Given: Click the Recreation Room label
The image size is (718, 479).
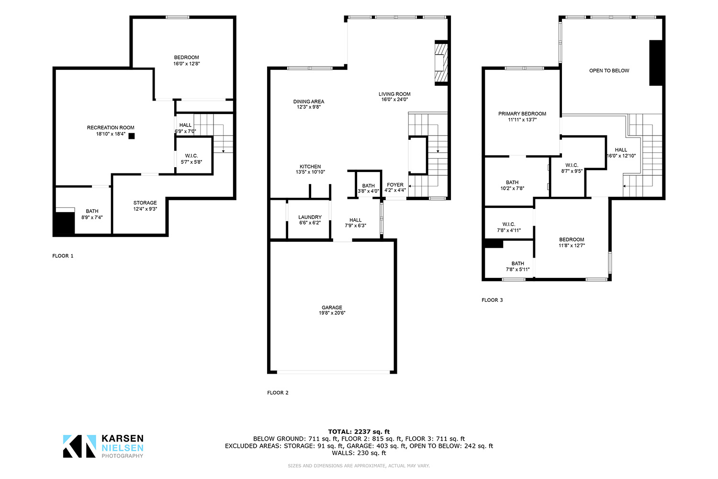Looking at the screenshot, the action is click(x=111, y=128).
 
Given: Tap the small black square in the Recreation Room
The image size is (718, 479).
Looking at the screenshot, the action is click(x=132, y=136).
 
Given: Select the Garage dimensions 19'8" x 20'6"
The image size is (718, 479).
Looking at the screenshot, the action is click(x=332, y=313).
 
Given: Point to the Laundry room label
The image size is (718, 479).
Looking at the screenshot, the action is click(x=310, y=217).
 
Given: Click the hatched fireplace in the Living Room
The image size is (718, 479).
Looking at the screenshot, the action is click(x=441, y=63).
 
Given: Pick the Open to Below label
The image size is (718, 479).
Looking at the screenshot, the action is click(x=609, y=70).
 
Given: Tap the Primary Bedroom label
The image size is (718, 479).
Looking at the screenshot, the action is click(x=522, y=114).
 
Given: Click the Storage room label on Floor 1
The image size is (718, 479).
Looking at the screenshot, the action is click(x=145, y=203).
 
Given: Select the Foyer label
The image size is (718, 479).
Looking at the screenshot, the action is click(x=395, y=185).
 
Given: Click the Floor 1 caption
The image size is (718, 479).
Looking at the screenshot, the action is click(x=63, y=256).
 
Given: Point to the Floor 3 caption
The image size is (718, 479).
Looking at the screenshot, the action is click(x=493, y=300).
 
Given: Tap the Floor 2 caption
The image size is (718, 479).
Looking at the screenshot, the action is click(x=278, y=393).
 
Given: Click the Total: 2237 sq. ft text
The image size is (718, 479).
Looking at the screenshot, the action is click(x=359, y=432).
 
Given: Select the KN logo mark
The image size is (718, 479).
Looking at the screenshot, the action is click(x=79, y=446).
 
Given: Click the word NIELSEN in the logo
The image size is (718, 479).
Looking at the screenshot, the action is click(x=123, y=448).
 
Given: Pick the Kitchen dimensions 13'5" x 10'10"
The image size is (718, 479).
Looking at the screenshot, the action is click(x=310, y=172).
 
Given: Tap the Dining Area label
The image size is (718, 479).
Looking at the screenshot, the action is click(x=309, y=102).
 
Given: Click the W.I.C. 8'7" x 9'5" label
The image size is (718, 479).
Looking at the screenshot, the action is click(x=572, y=168).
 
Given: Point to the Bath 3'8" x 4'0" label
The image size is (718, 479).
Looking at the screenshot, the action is click(x=369, y=188).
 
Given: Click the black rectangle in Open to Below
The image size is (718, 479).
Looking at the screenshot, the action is click(x=656, y=63).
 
